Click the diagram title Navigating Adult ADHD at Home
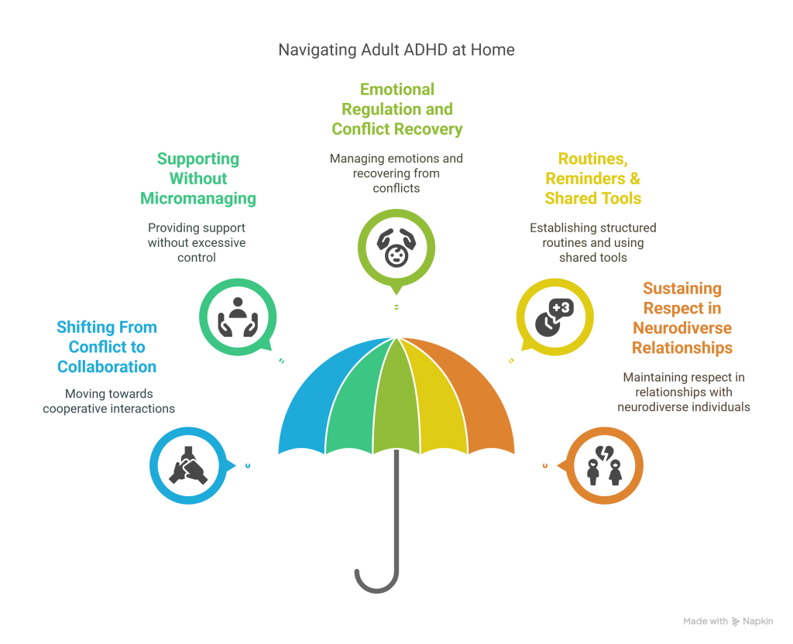[396, 51]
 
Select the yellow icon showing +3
[554, 316]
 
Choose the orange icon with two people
[604, 466]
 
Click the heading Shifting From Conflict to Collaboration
[107, 347]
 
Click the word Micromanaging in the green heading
[198, 198]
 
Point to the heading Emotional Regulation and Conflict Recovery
[396, 109]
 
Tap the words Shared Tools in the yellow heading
[593, 198]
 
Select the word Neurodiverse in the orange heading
[682, 328]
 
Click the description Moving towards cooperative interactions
[108, 401]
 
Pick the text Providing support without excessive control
[197, 242]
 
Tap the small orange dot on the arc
[545, 465]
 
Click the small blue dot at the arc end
[247, 465]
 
